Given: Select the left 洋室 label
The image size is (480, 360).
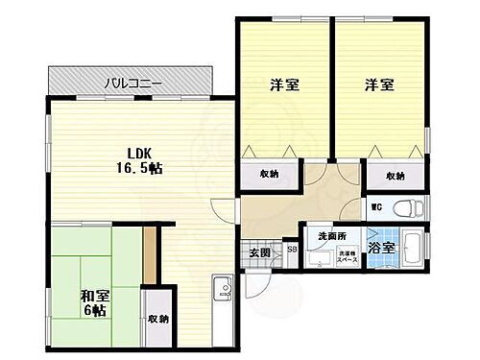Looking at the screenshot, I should point(282,85).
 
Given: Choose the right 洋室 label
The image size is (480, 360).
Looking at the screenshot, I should point(377,85).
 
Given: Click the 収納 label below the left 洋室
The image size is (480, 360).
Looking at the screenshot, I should point(270,174).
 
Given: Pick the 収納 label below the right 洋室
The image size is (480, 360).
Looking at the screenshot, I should point(396,176).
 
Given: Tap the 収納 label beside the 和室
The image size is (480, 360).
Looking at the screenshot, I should point(157,318).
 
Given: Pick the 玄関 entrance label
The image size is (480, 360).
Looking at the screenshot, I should point(260,252).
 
